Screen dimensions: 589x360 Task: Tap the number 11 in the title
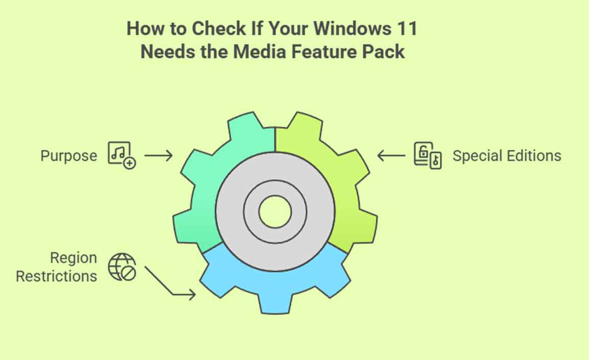(407, 29)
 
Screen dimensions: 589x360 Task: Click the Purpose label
(69, 155)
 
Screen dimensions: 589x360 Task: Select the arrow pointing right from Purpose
(158, 155)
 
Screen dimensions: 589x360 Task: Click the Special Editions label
(507, 155)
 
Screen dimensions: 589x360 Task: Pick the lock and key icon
(427, 155)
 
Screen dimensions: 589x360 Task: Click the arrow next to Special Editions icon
(391, 155)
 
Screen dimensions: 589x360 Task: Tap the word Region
(74, 258)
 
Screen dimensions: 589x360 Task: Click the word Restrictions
(56, 276)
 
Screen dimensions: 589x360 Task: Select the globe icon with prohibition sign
(122, 267)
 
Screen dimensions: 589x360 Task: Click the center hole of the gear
(276, 212)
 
